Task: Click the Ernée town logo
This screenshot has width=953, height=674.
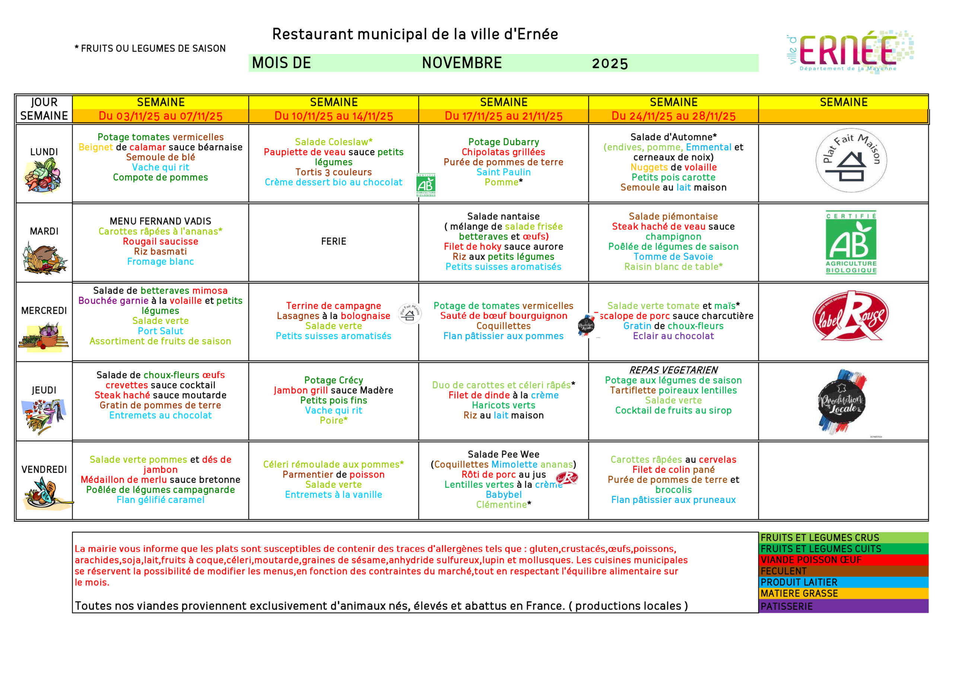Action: [x=850, y=51]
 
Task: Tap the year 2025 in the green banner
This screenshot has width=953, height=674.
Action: [x=609, y=64]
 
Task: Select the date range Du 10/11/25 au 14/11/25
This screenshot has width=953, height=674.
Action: [x=333, y=116]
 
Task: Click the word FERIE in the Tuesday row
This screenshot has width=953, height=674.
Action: [x=333, y=242]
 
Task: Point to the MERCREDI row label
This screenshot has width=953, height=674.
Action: [x=44, y=310]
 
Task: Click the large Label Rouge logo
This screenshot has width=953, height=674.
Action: [x=851, y=316]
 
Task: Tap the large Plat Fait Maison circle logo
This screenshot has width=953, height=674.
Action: [x=851, y=160]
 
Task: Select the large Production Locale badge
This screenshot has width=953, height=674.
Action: [x=842, y=401]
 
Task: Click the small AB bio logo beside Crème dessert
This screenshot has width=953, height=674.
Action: [x=426, y=185]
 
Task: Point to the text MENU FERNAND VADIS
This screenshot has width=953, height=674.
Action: [x=160, y=221]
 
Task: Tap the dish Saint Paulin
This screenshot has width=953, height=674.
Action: [x=503, y=172]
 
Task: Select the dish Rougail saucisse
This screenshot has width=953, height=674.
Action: [x=160, y=242]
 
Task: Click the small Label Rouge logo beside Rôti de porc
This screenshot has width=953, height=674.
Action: [x=567, y=478]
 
